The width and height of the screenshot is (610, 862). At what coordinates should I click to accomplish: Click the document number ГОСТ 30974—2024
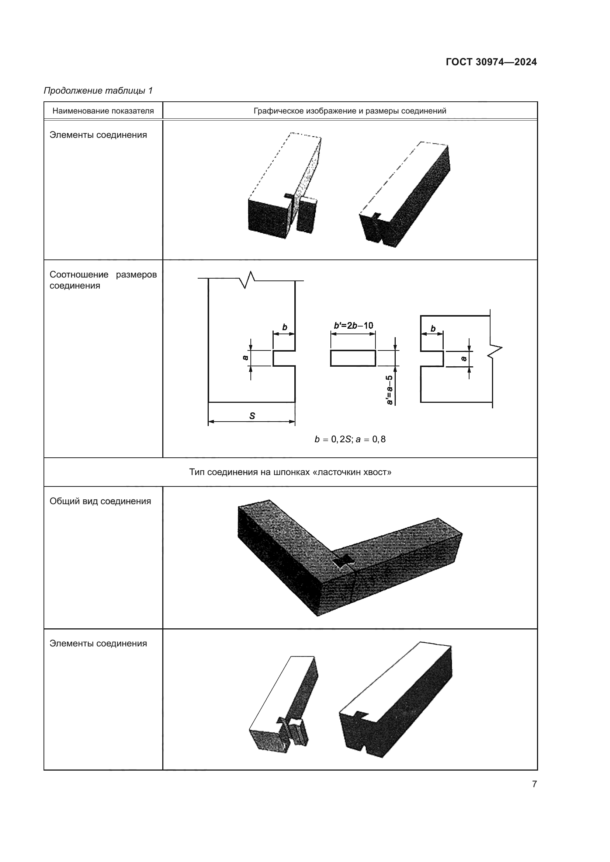[491, 62]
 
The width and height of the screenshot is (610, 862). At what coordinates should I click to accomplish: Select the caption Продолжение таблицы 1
[98, 91]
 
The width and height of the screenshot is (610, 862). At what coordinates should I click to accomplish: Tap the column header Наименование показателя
[103, 111]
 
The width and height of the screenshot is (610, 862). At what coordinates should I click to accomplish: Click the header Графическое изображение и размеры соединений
[350, 111]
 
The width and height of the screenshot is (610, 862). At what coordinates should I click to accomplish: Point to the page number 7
[534, 784]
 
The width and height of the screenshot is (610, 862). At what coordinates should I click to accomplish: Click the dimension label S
[252, 416]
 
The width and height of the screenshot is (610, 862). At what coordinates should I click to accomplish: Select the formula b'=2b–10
[353, 325]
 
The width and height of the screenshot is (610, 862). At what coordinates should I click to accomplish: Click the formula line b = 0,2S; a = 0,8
[350, 439]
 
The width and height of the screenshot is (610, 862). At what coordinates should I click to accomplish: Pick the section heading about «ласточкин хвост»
[290, 472]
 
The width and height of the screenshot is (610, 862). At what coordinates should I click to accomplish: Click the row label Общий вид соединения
[100, 501]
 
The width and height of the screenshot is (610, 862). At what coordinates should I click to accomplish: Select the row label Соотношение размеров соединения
[103, 280]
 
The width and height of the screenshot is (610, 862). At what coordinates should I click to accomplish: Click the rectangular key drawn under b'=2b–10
[353, 358]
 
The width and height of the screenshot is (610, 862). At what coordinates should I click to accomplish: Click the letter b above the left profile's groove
[284, 327]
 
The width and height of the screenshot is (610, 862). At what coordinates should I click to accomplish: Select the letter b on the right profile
[433, 329]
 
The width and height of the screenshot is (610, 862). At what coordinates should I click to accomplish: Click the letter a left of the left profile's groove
[246, 357]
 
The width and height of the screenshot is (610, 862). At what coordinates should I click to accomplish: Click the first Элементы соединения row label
[98, 135]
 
